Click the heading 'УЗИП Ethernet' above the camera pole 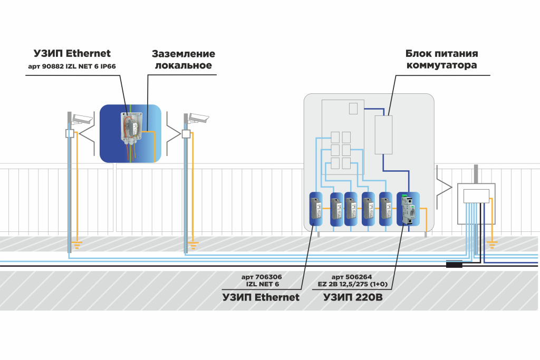pyautogui.click(x=73, y=53)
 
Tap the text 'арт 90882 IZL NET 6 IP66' pyautogui.click(x=72, y=67)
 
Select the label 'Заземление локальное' pyautogui.click(x=184, y=60)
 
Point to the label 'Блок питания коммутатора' pyautogui.click(x=442, y=59)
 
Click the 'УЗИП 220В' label pyautogui.click(x=353, y=297)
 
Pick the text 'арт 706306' pyautogui.click(x=261, y=276)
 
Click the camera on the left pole pyautogui.click(x=82, y=118)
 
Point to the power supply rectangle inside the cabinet pyautogui.click(x=384, y=134)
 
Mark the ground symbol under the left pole pyautogui.click(x=78, y=244)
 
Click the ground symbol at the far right pyautogui.click(x=492, y=244)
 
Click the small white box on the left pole pyautogui.click(x=70, y=134)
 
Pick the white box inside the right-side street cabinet pyautogui.click(x=476, y=196)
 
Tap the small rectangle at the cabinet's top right pyautogui.click(x=353, y=108)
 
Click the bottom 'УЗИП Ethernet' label pyautogui.click(x=261, y=297)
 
